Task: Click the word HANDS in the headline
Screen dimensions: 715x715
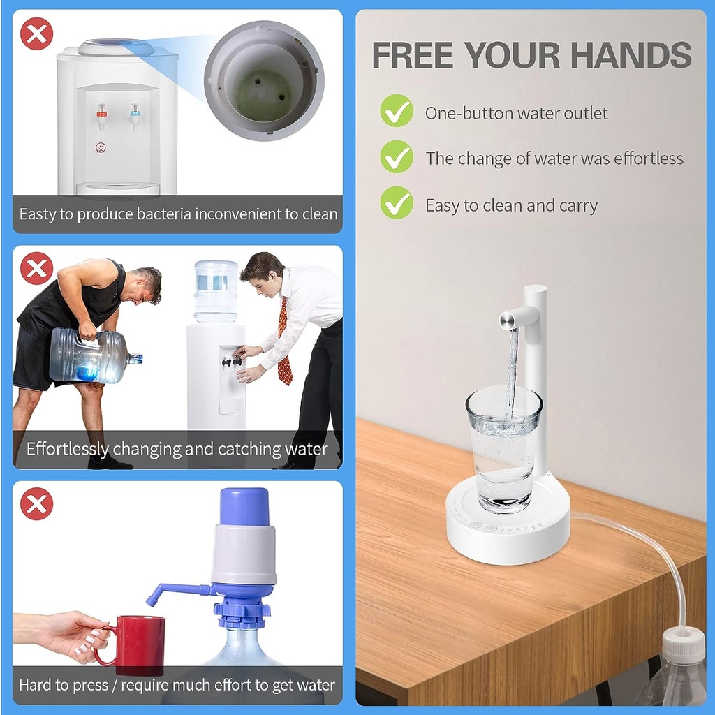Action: click(x=631, y=54)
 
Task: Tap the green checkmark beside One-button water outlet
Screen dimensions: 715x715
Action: click(x=397, y=111)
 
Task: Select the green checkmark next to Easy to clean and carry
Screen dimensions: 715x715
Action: click(x=397, y=203)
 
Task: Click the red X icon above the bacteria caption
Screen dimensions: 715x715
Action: click(x=36, y=34)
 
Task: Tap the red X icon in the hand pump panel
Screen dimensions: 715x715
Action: click(x=36, y=504)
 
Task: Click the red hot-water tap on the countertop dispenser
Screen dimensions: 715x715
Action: click(x=101, y=117)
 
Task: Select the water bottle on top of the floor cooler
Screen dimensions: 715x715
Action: click(x=216, y=291)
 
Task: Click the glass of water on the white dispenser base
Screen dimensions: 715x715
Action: click(x=503, y=449)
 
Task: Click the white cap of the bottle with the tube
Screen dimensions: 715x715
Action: click(x=684, y=644)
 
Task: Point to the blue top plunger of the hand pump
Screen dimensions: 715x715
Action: click(x=244, y=507)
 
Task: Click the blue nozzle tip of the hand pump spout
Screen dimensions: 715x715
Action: click(x=152, y=601)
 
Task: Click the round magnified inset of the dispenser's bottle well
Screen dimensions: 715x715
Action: click(x=264, y=80)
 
